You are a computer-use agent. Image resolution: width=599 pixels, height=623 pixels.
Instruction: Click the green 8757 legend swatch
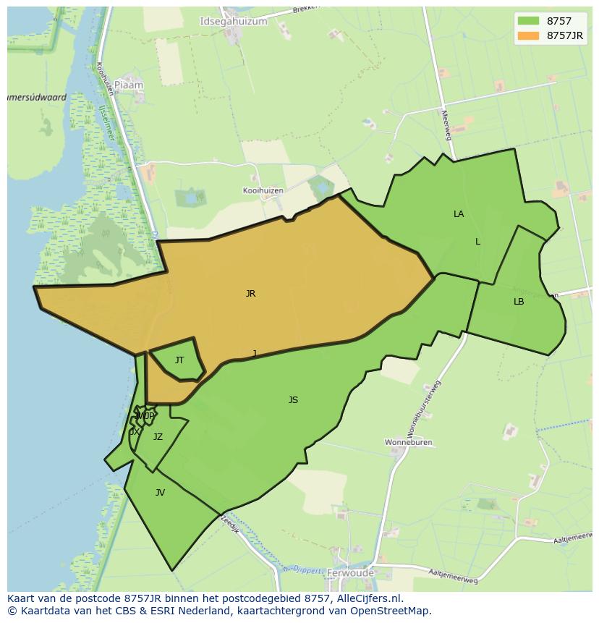528,21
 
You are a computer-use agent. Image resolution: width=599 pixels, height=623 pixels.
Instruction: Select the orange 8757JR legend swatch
528,35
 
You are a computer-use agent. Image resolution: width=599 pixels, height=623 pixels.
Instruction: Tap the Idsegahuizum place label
233,22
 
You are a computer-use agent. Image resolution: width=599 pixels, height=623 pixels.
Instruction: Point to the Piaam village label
129,85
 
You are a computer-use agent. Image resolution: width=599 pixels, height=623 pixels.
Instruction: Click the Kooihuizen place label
263,190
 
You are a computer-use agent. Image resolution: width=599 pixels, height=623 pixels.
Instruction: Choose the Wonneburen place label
408,442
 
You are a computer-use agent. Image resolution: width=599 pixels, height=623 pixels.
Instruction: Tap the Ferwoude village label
351,573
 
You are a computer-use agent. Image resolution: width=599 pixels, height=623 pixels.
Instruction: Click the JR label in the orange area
250,294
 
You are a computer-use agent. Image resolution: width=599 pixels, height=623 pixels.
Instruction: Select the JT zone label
179,360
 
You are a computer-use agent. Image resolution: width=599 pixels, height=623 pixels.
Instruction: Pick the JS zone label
293,400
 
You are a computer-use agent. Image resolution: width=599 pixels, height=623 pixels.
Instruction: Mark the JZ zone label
158,437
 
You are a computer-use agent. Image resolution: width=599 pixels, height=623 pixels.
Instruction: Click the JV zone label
160,493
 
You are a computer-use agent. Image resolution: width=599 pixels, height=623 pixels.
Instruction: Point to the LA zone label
459,214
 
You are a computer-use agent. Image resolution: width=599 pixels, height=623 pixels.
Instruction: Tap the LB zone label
519,302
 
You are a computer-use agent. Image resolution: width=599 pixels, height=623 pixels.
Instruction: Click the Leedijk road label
230,524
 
